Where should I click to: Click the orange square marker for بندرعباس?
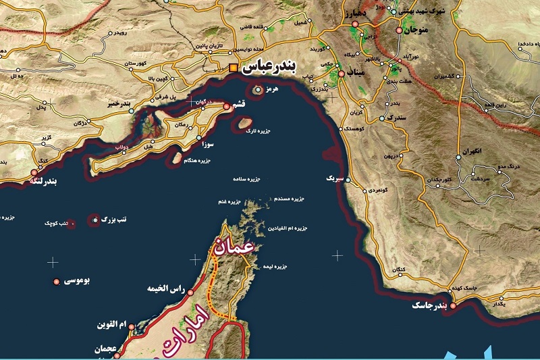point(234,68)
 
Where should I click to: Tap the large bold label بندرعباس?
point(267,68)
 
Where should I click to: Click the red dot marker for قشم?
point(226,107)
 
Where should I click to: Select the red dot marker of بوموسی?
point(55,281)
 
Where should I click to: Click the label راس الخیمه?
point(165,289)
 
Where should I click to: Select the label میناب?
point(356,74)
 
